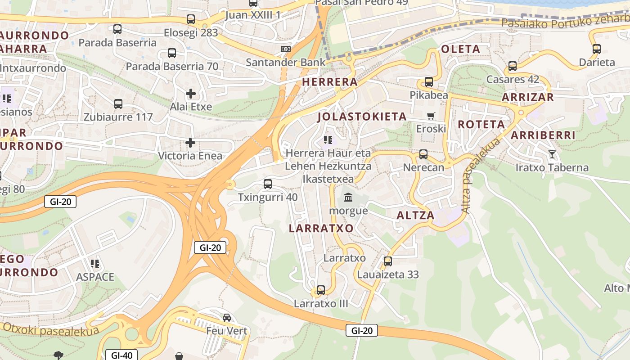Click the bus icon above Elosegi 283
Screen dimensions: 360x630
(x=191, y=19)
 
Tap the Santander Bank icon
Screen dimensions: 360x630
(x=286, y=49)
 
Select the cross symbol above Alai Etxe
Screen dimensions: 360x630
(x=191, y=94)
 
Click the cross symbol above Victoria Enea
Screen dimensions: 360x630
(x=190, y=143)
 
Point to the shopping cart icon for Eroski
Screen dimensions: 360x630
(x=431, y=116)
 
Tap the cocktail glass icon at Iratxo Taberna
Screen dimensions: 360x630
(x=552, y=154)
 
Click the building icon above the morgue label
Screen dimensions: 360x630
(x=348, y=197)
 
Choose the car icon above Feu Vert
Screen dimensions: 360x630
(x=227, y=318)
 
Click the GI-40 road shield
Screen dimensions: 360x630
(x=121, y=355)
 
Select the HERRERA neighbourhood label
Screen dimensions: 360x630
(x=330, y=82)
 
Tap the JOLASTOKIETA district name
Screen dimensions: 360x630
(x=362, y=117)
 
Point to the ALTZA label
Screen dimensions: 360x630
(x=415, y=216)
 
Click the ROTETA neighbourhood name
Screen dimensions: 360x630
(x=481, y=125)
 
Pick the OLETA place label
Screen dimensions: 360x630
(x=461, y=49)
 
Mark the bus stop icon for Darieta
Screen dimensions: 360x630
(x=597, y=49)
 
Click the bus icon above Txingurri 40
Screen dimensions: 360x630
(x=268, y=184)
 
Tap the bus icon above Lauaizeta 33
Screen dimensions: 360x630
(x=388, y=261)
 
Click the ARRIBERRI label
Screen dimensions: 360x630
(x=543, y=135)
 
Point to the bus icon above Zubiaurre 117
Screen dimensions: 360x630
(x=118, y=104)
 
